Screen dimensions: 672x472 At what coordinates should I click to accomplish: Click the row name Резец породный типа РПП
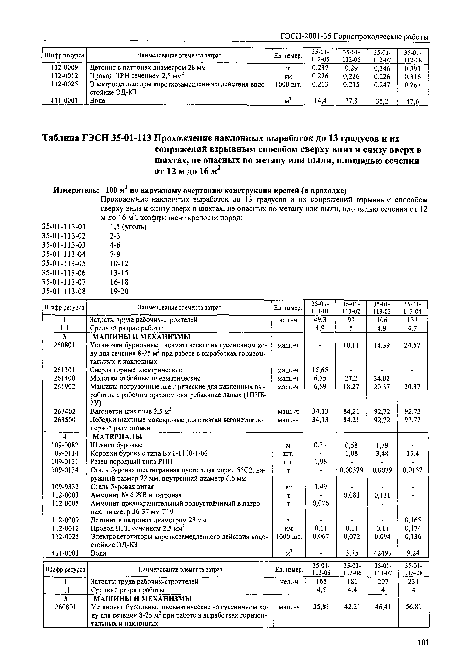point(131,462)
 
